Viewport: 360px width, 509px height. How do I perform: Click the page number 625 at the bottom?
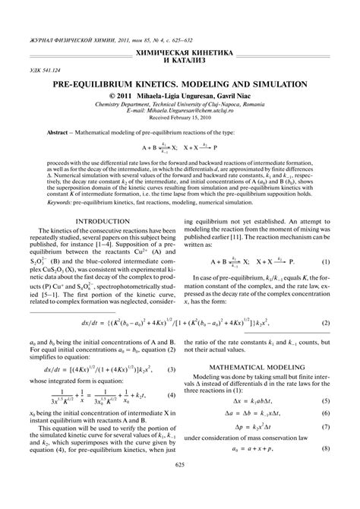click(x=180, y=486)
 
